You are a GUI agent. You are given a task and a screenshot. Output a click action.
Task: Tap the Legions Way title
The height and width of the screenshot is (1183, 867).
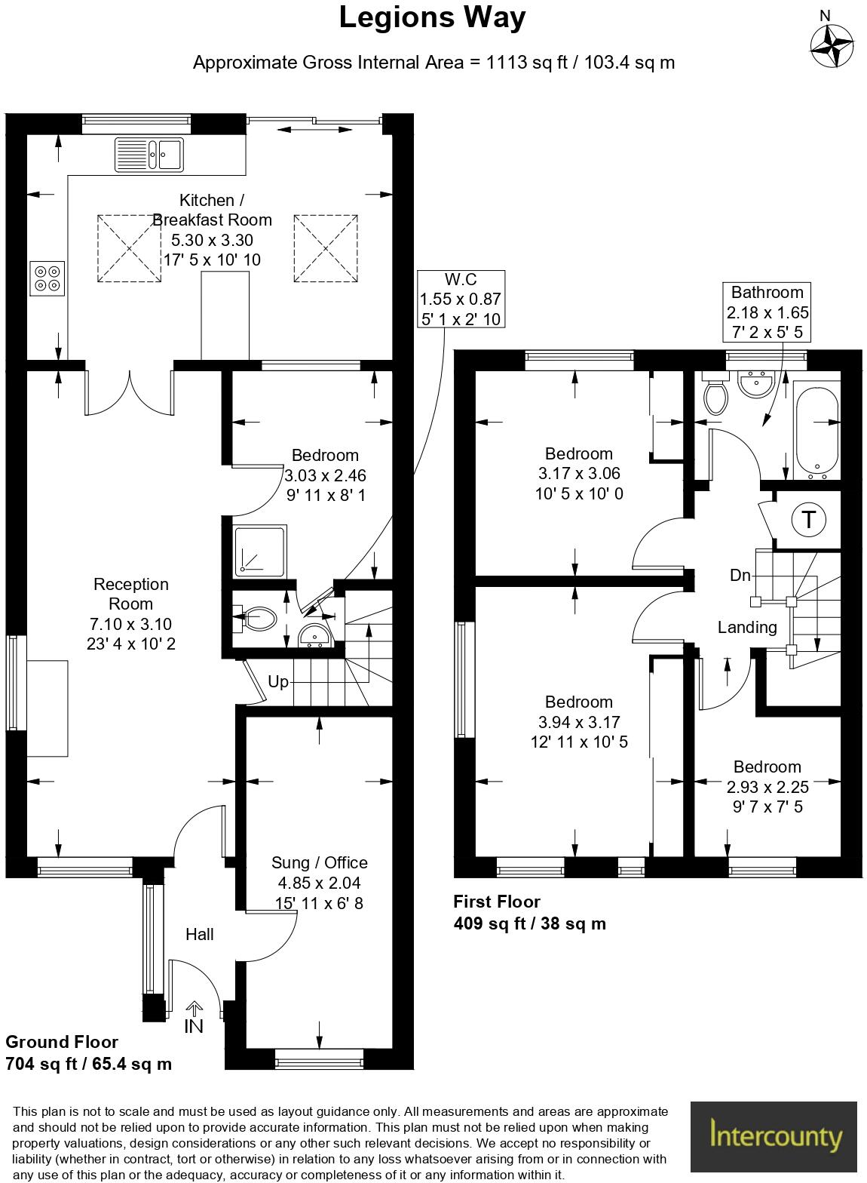[x=432, y=17]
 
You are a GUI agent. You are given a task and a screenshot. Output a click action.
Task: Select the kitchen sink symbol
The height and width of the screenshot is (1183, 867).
[x=149, y=155]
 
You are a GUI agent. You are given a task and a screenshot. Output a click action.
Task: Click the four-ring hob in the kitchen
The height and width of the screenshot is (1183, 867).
[x=47, y=277]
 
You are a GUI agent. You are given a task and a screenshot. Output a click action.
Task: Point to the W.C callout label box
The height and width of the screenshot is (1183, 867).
[x=461, y=299]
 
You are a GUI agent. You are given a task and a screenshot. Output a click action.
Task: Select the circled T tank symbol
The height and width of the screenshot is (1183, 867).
[x=809, y=520]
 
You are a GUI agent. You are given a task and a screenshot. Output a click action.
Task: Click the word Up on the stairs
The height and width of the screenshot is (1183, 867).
[x=278, y=682]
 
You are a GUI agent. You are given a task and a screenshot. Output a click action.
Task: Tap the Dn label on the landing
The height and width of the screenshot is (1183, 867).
[x=740, y=576]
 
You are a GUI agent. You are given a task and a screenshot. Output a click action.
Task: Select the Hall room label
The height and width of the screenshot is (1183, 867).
[x=200, y=934]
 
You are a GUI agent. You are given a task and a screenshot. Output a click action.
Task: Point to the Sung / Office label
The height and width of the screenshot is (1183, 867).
[x=319, y=862]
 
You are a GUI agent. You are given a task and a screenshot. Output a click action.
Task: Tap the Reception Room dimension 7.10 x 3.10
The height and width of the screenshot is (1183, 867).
[x=131, y=624]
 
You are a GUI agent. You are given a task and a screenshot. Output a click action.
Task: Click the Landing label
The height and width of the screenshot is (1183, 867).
[x=746, y=627]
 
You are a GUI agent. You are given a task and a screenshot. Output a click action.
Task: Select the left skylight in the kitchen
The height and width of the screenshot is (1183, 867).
[x=129, y=248]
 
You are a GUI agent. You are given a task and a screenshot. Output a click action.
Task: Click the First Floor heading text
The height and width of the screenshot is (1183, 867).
[x=496, y=902]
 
